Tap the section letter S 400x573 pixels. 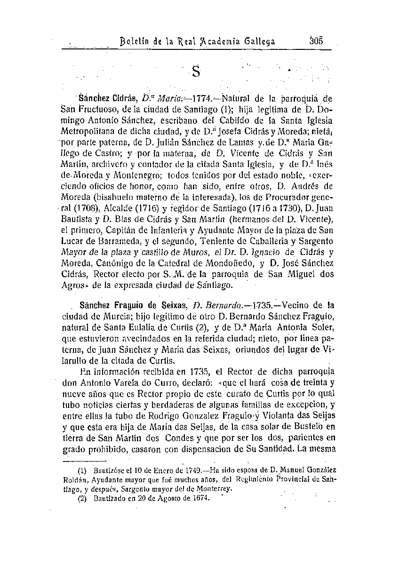tap(196, 72)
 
